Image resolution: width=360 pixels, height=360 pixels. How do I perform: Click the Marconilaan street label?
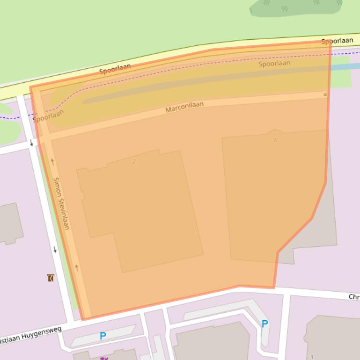[184, 107]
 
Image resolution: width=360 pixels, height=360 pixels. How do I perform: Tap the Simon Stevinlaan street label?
[61, 203]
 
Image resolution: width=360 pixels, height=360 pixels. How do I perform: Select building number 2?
[134, 162]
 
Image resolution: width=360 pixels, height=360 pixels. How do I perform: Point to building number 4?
[275, 140]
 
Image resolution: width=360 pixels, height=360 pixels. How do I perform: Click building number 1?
[312, 357]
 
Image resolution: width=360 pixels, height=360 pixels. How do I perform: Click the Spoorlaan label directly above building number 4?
[274, 63]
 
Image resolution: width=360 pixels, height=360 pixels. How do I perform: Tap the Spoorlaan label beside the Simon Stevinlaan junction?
[48, 115]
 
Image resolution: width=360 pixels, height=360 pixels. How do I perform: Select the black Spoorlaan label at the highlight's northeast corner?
[337, 41]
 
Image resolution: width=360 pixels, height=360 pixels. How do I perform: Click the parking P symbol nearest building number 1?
[265, 324]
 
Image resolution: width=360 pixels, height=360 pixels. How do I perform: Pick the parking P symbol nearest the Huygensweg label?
[103, 336]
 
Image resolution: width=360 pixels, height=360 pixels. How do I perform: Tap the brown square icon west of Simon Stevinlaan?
[51, 278]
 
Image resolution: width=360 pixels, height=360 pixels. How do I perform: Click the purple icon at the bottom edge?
[104, 358]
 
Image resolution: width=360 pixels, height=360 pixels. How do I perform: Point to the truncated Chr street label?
[354, 297]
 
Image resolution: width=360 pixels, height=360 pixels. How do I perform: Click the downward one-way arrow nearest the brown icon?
[55, 249]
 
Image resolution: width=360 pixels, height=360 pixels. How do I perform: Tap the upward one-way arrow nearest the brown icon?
[77, 268]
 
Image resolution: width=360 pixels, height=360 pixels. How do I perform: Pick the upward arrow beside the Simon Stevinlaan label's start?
[52, 162]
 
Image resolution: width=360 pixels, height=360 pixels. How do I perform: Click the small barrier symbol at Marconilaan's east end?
[325, 94]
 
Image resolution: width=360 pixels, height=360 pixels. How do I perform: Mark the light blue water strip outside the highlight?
[344, 66]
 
